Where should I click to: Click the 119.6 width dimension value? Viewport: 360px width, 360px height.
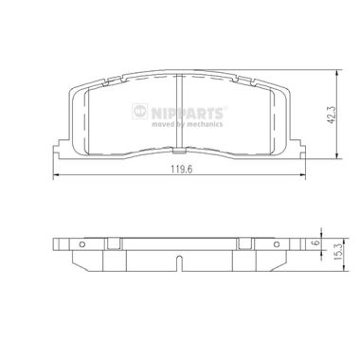click(x=182, y=170)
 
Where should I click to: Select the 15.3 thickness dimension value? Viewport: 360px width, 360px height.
click(x=338, y=252)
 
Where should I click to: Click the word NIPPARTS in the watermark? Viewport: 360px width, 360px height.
click(x=188, y=113)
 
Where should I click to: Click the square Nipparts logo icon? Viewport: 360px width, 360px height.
click(x=140, y=111)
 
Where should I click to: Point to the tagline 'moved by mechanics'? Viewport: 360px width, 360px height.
click(x=187, y=124)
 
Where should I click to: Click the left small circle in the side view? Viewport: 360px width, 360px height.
click(x=82, y=244)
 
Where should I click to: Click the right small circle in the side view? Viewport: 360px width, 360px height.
click(x=277, y=244)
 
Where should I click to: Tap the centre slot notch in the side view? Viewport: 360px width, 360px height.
click(x=179, y=263)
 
